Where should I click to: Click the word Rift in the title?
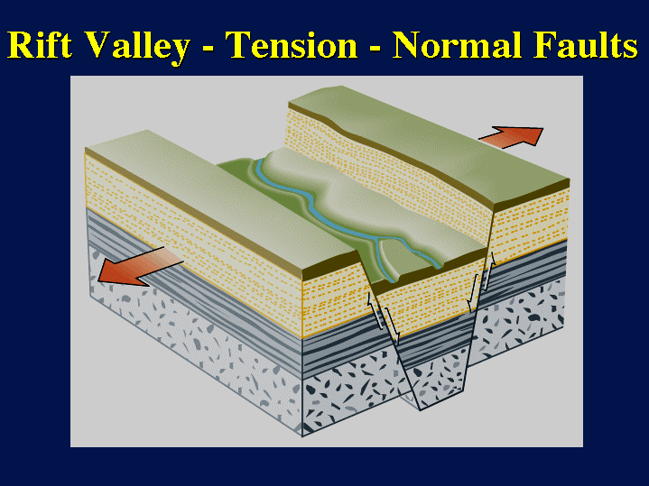click(x=40, y=44)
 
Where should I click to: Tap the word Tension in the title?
click(x=291, y=45)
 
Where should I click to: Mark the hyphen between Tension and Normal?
click(x=375, y=49)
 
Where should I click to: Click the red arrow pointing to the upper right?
click(x=512, y=137)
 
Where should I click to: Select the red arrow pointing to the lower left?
click(x=139, y=266)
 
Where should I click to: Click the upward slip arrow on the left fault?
click(x=375, y=311)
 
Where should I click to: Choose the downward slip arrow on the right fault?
click(x=472, y=292)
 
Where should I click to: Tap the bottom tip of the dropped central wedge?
click(x=420, y=410)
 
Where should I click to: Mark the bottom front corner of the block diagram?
click(x=302, y=436)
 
